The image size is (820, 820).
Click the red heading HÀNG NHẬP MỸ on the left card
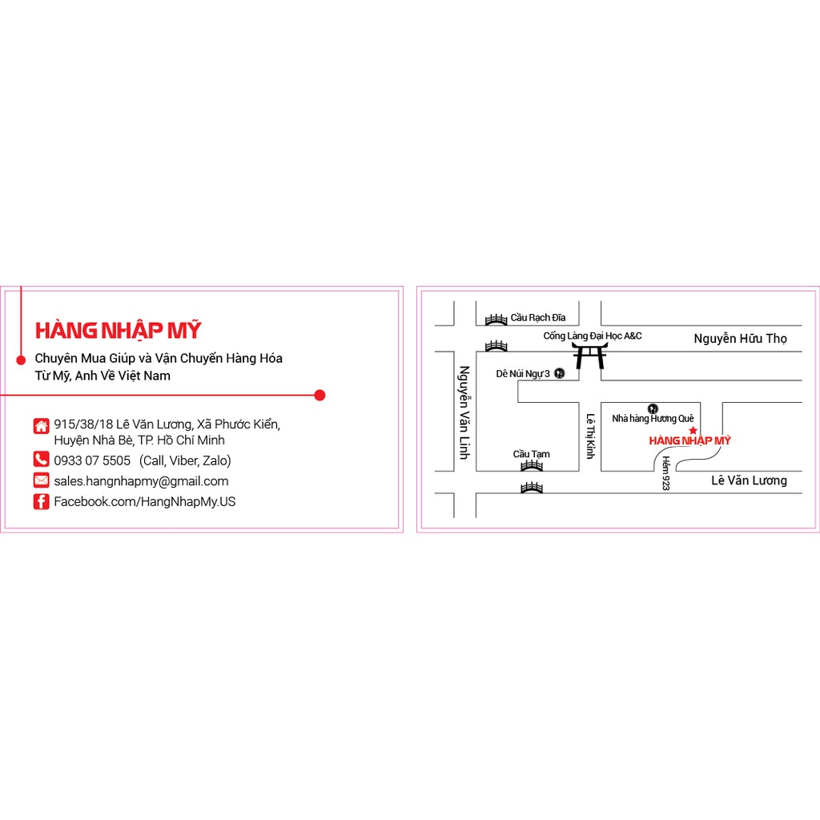tap(118, 330)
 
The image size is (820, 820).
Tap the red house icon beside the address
tap(41, 425)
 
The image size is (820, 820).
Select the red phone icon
tap(41, 460)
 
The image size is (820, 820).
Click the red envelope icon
tap(41, 480)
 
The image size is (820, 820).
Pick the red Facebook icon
tap(41, 501)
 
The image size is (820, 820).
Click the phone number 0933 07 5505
tap(92, 460)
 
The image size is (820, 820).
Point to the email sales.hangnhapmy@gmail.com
tap(141, 481)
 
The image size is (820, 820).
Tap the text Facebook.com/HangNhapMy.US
tap(144, 502)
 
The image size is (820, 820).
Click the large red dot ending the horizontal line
tap(320, 395)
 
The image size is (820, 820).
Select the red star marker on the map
tap(693, 431)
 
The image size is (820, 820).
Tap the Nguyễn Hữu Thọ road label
tap(740, 339)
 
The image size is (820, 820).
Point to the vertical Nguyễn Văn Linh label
tap(463, 412)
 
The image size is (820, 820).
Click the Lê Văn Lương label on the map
tap(749, 480)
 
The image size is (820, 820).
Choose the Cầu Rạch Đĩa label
tap(537, 318)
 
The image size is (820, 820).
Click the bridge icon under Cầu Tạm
tap(532, 465)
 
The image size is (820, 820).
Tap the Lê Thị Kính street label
tap(590, 436)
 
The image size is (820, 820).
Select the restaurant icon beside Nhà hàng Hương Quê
tap(653, 408)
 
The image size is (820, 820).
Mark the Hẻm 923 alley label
tap(665, 473)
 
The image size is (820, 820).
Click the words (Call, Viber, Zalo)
tap(185, 460)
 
